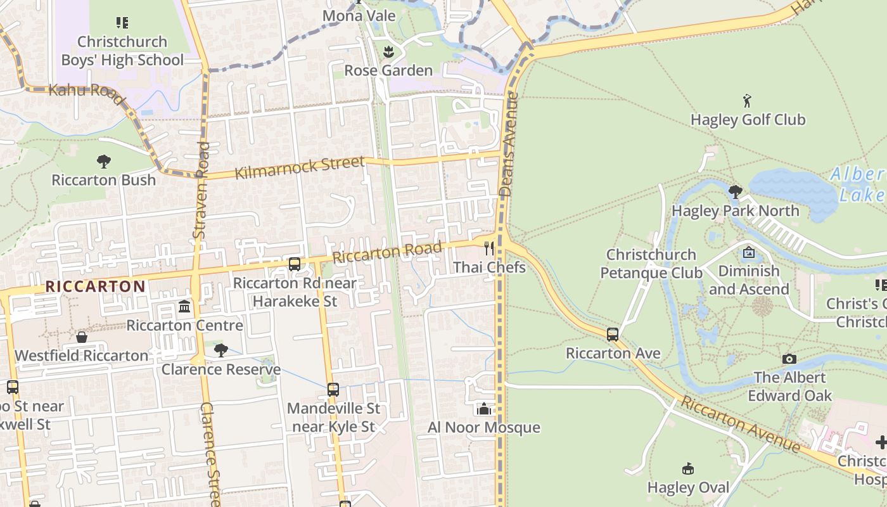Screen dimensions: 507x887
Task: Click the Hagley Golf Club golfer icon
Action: click(748, 101)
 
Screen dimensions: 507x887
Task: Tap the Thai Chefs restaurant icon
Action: click(489, 248)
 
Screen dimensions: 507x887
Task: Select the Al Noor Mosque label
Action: click(484, 427)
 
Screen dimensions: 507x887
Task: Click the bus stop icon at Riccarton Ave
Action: click(613, 334)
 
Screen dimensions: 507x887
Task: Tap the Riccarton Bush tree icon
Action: click(104, 161)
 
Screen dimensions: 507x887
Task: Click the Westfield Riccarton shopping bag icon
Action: click(82, 337)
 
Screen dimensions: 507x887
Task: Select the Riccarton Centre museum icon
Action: click(184, 307)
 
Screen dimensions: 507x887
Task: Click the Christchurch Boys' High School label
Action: click(122, 51)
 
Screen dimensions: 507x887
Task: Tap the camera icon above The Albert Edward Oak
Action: click(789, 359)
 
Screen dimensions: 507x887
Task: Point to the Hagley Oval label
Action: click(688, 487)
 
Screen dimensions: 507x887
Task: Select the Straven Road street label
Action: click(201, 190)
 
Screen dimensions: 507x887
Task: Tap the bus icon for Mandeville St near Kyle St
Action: click(333, 390)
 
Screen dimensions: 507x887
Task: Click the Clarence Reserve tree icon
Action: click(221, 350)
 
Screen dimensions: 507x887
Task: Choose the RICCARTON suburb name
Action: click(96, 286)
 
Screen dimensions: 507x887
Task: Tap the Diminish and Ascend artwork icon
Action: click(748, 252)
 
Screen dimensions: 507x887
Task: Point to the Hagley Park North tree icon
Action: click(735, 191)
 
